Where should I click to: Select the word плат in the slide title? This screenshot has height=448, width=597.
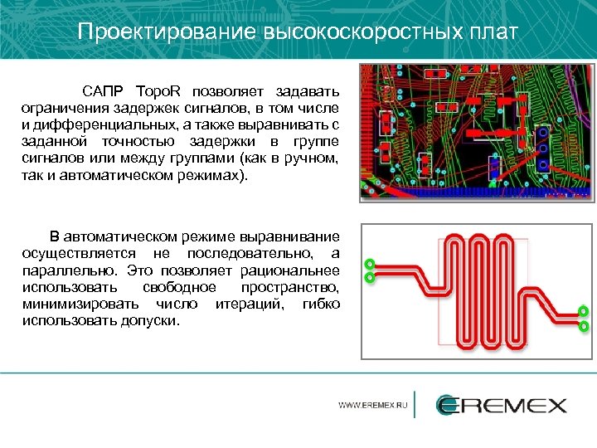pos(495,32)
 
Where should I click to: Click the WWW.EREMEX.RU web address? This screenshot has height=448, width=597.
pos(373,406)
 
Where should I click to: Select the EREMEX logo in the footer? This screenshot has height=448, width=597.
pos(502,405)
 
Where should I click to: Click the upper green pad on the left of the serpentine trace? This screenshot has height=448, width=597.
pos(370,265)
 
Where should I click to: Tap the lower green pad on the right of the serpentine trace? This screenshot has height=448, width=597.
pos(584,326)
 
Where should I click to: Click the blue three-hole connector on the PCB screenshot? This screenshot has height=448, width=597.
pos(542,149)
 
